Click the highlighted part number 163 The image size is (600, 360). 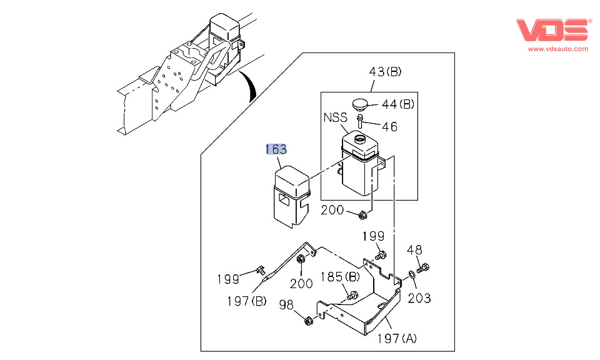(276, 149)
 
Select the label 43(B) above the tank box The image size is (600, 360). (385, 72)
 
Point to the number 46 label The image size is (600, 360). (389, 127)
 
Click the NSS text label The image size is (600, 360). (335, 118)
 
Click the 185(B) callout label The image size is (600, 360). (340, 276)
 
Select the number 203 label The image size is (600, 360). (419, 298)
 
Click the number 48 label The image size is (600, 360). (414, 249)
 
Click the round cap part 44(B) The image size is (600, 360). (360, 103)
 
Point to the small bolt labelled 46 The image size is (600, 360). (361, 119)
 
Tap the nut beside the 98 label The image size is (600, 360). (307, 321)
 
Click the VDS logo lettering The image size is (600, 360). (552, 31)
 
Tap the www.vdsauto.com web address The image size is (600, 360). (557, 48)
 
